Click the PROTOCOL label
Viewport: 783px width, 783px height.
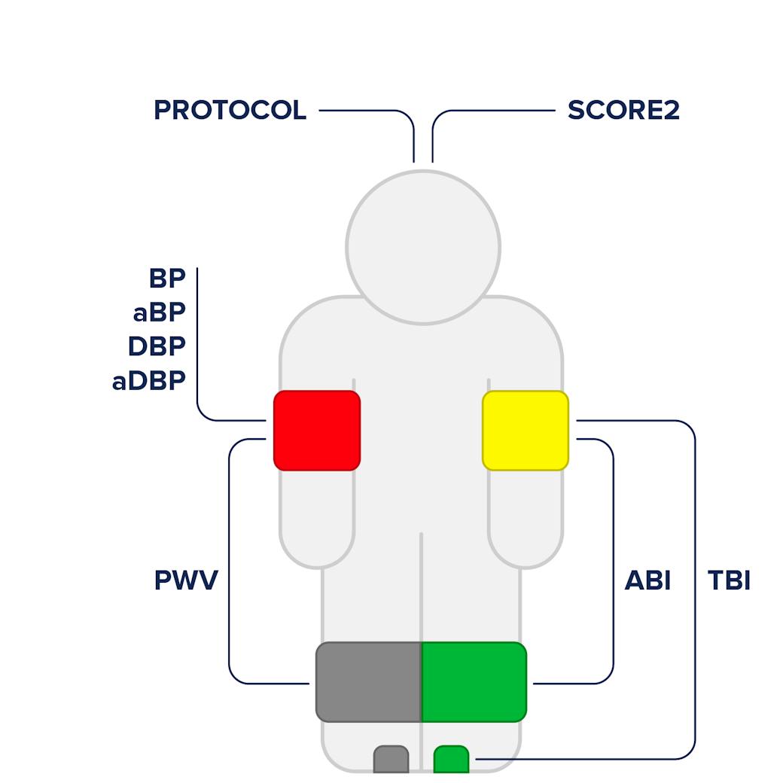[x=230, y=111]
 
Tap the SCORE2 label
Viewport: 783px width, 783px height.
[x=623, y=111]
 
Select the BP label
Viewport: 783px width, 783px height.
[x=167, y=278]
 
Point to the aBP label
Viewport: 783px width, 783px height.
[x=159, y=312]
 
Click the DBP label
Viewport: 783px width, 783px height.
[x=157, y=346]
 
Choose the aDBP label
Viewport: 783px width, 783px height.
[x=148, y=381]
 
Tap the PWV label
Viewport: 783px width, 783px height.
[x=185, y=580]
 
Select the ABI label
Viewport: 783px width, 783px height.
[x=647, y=580]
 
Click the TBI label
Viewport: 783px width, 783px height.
[x=729, y=580]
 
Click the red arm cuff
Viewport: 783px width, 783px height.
[x=317, y=431]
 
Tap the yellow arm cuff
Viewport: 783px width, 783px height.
[x=526, y=431]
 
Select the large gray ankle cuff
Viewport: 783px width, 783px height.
[x=368, y=681]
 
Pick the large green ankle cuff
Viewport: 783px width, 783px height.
[x=474, y=681]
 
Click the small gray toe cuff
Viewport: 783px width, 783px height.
[x=391, y=759]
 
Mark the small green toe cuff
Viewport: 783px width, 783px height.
[x=451, y=759]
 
